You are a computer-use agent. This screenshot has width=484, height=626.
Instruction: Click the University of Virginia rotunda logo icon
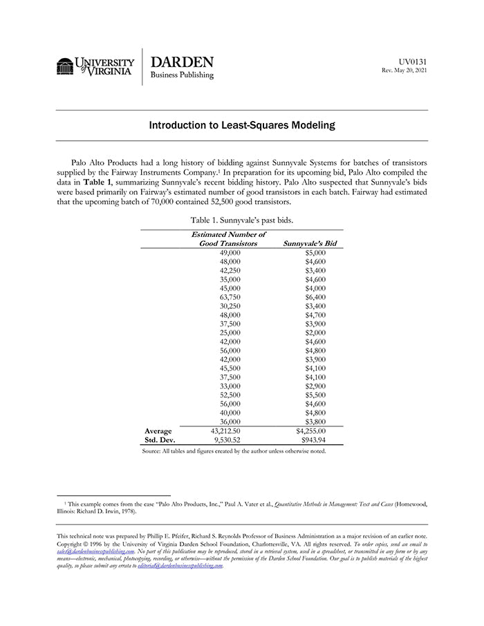click(65, 66)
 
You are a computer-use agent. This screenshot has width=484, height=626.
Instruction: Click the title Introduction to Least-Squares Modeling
click(242, 126)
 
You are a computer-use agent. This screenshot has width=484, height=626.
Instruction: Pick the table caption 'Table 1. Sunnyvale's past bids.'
click(242, 220)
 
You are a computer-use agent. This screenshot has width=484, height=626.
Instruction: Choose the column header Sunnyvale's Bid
click(310, 243)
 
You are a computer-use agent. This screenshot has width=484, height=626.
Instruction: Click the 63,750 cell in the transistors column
click(229, 297)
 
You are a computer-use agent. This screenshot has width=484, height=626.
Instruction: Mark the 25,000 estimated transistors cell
click(229, 332)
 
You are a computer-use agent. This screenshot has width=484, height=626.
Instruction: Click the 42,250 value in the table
click(229, 271)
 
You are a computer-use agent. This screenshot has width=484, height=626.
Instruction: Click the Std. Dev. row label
click(159, 439)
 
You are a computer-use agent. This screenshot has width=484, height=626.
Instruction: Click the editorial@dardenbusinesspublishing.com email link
click(180, 565)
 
